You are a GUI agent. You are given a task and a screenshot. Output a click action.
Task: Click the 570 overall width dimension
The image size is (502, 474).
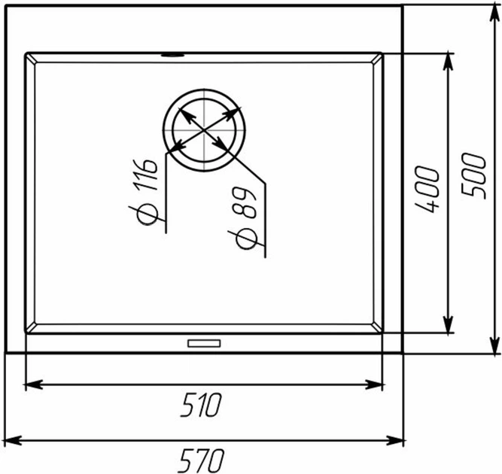tap(202, 461)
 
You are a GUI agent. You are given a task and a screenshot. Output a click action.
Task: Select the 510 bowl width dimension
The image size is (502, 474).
tap(201, 405)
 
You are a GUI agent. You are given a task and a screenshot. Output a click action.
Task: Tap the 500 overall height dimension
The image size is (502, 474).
tap(473, 176)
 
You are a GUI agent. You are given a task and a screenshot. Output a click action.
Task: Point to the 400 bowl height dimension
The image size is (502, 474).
tap(427, 190)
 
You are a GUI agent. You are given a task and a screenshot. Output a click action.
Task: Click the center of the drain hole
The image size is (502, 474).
tap(204, 130)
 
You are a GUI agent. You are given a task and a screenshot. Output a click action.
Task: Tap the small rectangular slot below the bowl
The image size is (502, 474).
tap(204, 343)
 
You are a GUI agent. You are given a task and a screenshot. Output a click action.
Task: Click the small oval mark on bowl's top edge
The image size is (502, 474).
tap(172, 55)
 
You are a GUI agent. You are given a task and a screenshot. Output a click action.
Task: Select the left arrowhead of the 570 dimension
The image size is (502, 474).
tap(13, 441)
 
